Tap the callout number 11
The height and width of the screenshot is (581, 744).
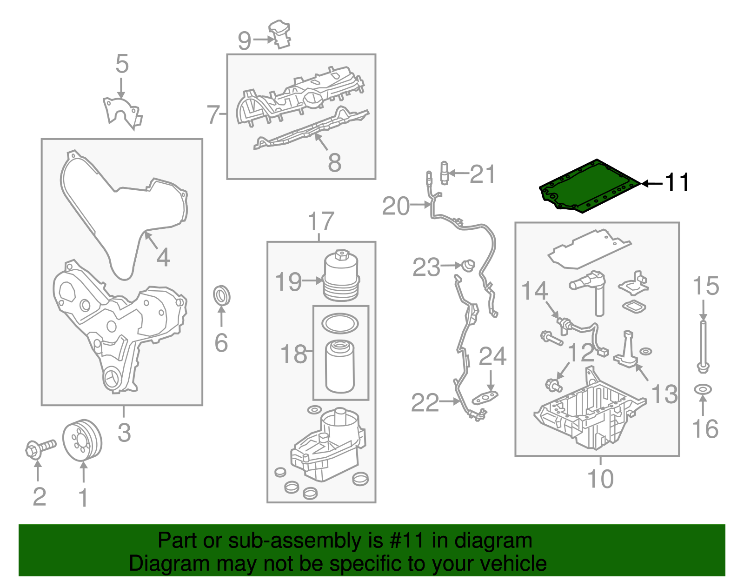tap(677, 182)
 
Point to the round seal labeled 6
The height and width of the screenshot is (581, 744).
tap(222, 296)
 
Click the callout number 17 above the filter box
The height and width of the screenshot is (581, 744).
tap(321, 221)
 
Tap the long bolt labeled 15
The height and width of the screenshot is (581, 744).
tap(703, 344)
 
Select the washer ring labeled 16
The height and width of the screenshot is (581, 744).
tap(703, 389)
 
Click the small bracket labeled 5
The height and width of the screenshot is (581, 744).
tap(122, 112)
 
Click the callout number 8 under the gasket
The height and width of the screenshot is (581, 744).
tap(334, 162)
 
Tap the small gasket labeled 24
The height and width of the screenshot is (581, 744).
tap(485, 398)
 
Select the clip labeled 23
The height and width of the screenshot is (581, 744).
tap(468, 266)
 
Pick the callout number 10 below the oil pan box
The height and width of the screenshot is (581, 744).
tap(600, 479)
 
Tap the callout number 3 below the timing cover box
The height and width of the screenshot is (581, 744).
tap(124, 433)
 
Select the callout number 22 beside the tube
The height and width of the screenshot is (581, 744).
tap(425, 403)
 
